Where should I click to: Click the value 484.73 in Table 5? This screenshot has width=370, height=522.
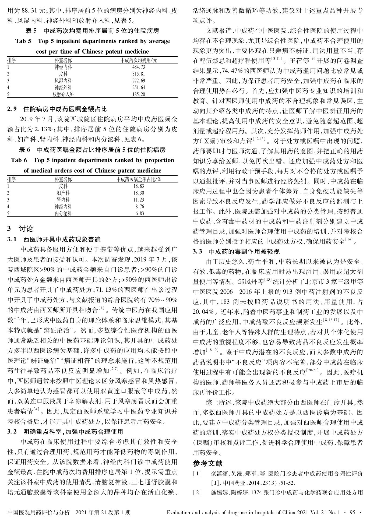pyautogui.click(x=139, y=67)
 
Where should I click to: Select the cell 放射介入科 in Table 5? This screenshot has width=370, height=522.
pyautogui.click(x=63, y=94)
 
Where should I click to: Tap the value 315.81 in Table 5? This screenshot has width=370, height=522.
pyautogui.click(x=139, y=74)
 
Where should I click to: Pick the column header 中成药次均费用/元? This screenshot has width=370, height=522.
pyautogui.click(x=139, y=60)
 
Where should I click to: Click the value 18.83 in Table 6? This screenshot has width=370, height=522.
pyautogui.click(x=139, y=186)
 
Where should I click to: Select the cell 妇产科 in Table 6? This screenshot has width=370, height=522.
pyautogui.click(x=63, y=193)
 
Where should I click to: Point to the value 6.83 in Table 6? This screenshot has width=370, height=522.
pyautogui.click(x=140, y=214)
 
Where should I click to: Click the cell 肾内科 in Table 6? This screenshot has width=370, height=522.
pyautogui.click(x=63, y=200)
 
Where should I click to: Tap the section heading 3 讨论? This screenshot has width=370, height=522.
pyautogui.click(x=20, y=229)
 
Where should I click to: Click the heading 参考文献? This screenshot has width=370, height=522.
pyautogui.click(x=207, y=463)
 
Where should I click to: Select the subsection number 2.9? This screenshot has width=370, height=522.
pyautogui.click(x=12, y=109)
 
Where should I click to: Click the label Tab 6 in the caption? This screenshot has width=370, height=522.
pyautogui.click(x=19, y=160)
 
